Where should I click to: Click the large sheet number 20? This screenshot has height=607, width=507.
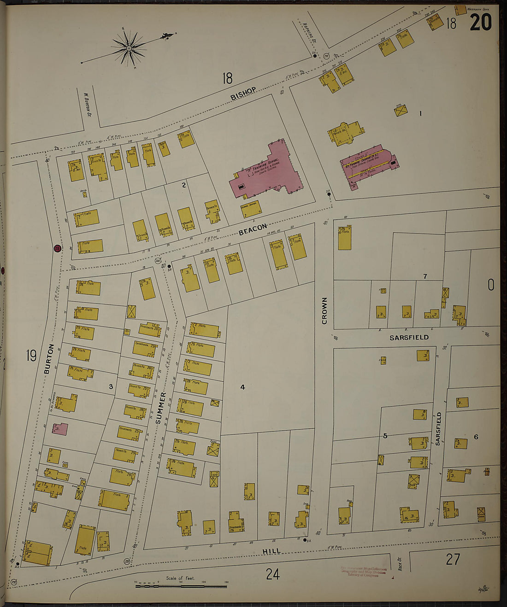click(480, 22)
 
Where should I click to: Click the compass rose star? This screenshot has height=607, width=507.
click(129, 47)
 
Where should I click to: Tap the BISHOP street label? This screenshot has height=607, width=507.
click(243, 93)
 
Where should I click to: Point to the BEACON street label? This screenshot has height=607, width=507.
click(253, 229)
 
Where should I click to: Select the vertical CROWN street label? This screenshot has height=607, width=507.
click(324, 310)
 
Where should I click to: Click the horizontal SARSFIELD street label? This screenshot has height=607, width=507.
click(409, 338)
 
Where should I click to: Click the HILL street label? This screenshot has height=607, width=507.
click(271, 551)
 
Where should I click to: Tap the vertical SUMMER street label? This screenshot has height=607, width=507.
click(159, 409)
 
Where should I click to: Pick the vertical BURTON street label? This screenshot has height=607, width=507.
click(50, 359)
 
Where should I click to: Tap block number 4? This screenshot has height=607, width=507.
click(242, 387)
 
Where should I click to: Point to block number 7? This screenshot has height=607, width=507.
click(425, 276)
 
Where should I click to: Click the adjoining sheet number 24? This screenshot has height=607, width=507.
click(272, 574)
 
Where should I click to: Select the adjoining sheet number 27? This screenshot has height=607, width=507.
click(453, 559)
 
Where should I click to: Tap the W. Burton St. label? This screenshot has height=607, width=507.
click(86, 104)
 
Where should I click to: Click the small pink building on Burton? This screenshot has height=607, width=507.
click(60, 429)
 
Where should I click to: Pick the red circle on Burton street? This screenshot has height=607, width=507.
click(57, 249)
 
